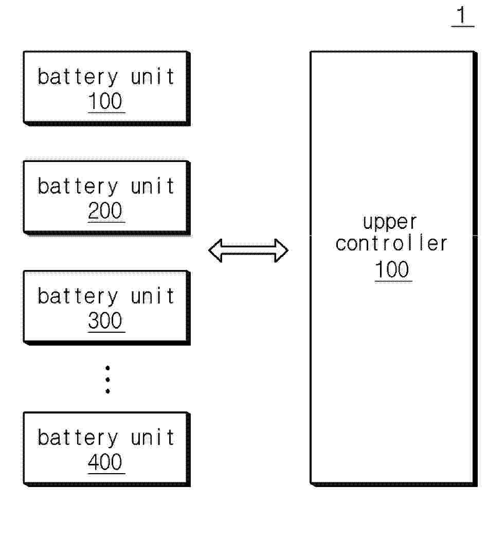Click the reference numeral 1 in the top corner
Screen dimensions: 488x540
461,15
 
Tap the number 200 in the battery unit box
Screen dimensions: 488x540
105,210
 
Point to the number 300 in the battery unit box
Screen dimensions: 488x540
105,320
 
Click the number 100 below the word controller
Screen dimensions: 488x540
392,269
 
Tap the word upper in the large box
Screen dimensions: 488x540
390,222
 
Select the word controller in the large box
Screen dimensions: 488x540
391,243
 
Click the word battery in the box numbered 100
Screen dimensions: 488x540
78,77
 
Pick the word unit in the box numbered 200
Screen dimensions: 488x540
153,186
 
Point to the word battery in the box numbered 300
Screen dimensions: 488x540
78,296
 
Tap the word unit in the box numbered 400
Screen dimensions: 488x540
153,437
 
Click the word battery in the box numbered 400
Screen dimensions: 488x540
78,438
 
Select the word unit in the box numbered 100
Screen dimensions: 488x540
153,77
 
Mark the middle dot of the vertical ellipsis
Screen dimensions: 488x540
108,380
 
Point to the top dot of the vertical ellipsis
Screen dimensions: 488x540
108,368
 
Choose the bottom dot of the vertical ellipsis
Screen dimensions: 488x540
108,391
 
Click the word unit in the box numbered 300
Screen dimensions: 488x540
153,296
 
